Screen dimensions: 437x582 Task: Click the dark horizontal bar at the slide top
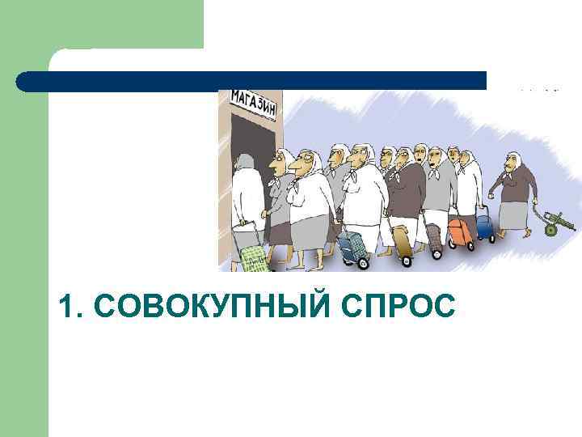pos(251,81)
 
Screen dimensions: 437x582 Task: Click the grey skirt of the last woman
pos(513,215)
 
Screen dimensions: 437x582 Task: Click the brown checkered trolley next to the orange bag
pos(434,237)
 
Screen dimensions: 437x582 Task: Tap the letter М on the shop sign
pos(238,98)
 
